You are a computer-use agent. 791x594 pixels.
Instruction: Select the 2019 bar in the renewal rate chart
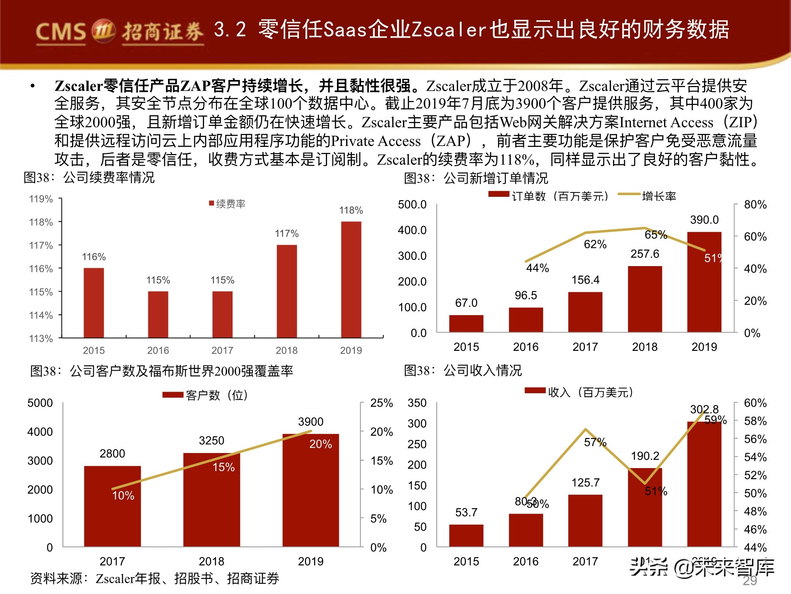click(351, 279)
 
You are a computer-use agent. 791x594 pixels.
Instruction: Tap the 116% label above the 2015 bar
click(94, 257)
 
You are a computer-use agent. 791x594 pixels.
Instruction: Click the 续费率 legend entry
click(227, 204)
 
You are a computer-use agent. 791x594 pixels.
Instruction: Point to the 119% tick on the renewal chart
click(41, 199)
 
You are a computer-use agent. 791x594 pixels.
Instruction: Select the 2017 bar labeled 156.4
click(585, 312)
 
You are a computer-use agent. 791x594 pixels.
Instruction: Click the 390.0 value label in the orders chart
click(704, 220)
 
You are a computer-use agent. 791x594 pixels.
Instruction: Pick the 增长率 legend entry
click(649, 196)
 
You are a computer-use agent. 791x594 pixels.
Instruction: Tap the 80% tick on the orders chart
click(755, 205)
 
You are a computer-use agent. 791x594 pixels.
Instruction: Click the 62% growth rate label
click(595, 244)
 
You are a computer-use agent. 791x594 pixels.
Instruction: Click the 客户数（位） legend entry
click(206, 395)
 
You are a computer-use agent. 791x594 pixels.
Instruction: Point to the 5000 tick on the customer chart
click(40, 403)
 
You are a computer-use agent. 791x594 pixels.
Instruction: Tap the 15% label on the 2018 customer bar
click(223, 467)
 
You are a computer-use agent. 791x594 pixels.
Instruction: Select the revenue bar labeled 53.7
click(466, 535)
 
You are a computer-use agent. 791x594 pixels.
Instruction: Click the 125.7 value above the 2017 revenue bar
click(585, 483)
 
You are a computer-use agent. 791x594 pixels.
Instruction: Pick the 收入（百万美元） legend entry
click(579, 392)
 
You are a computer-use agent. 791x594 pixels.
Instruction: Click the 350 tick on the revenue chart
click(417, 403)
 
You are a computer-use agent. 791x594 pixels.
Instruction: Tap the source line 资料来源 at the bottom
click(154, 579)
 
